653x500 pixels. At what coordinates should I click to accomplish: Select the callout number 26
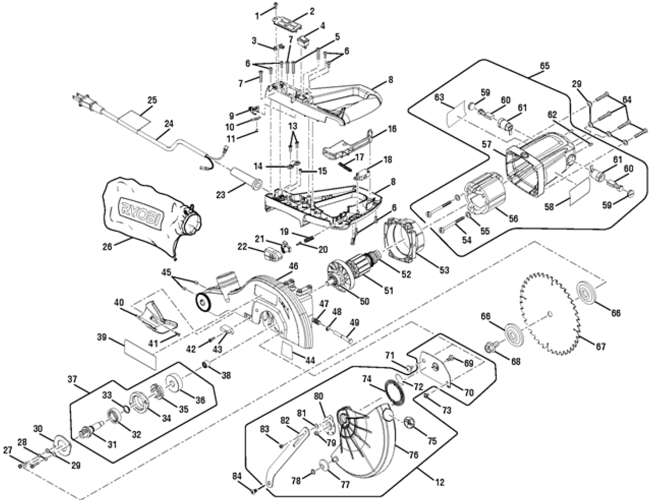[x=107, y=246]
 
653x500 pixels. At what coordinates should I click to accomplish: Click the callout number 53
[x=444, y=270]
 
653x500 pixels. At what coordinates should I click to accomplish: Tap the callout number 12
[x=440, y=482]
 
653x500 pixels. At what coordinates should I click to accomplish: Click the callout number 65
[x=544, y=66]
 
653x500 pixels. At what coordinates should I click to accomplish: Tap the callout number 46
[x=294, y=266]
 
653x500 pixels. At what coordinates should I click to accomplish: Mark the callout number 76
[x=414, y=455]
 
